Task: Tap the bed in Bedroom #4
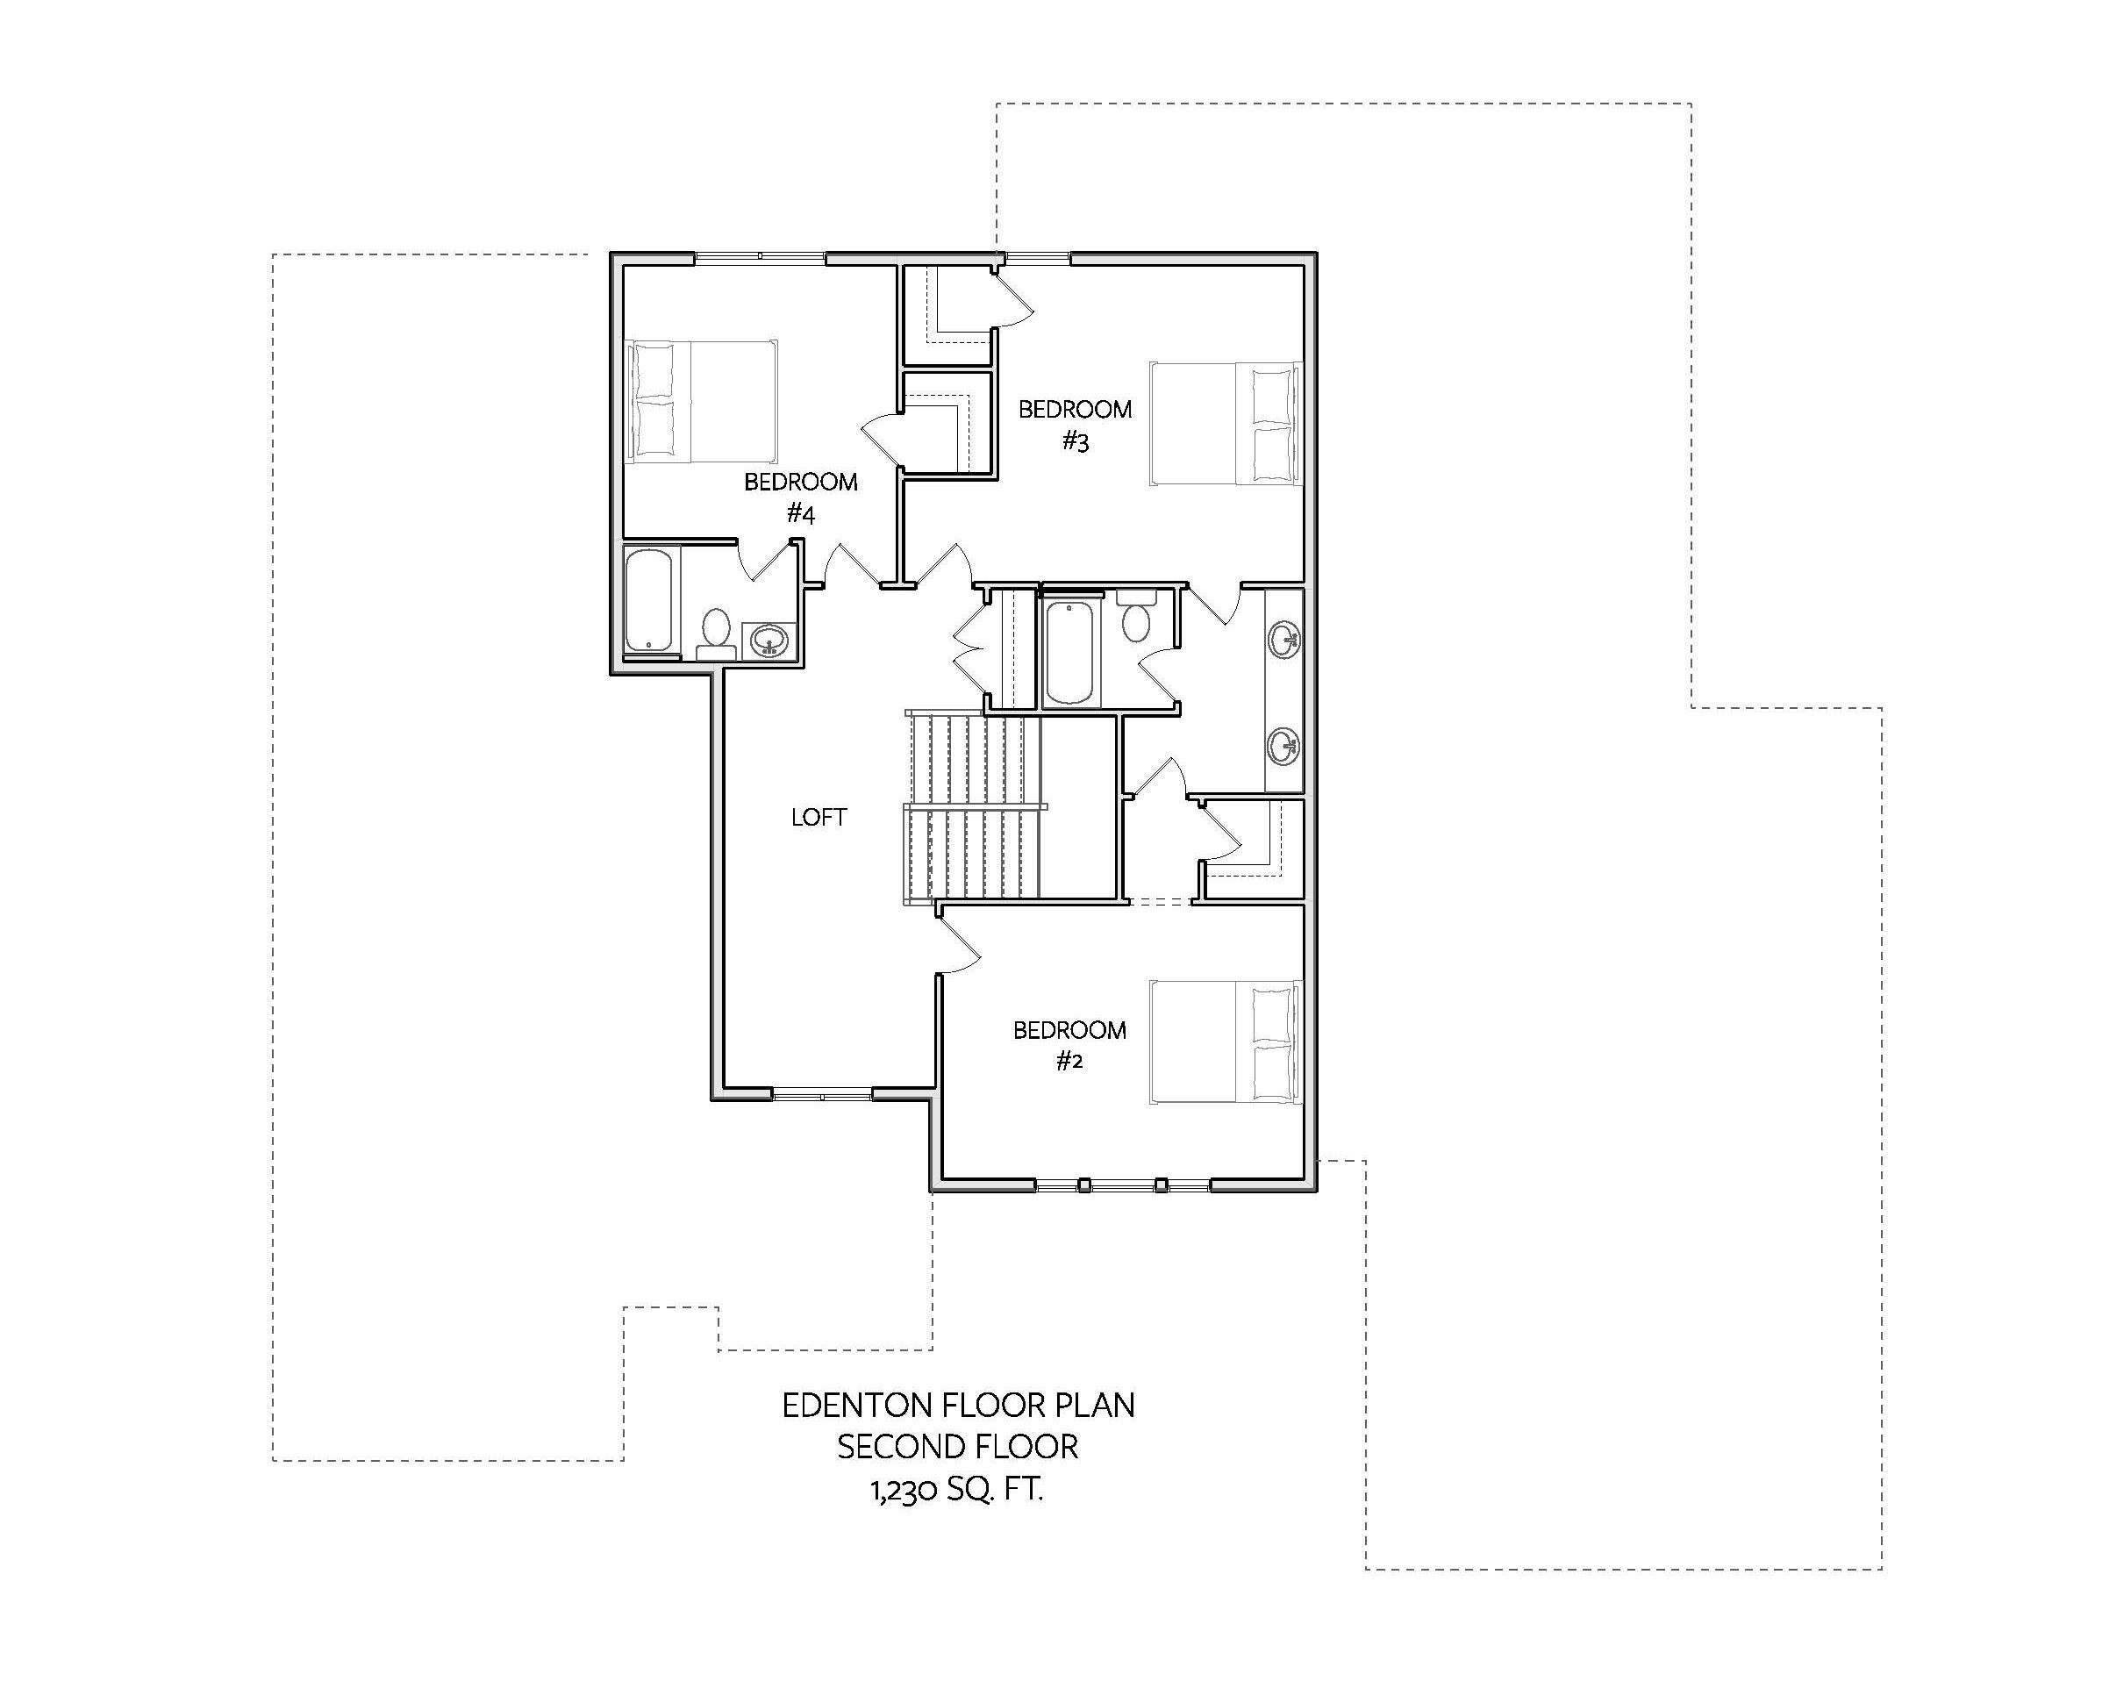coord(702,401)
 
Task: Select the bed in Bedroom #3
coord(1226,423)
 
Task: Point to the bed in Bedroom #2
coord(1226,1041)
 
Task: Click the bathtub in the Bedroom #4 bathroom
coord(648,601)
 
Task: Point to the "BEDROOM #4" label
coord(800,497)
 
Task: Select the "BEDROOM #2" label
coord(1069,1045)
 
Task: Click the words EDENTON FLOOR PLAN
coord(958,1405)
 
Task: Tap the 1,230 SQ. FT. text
coord(957,1490)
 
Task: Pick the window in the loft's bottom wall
coord(823,1096)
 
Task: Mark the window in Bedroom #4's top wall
coord(761,257)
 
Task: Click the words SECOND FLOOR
coord(958,1447)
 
